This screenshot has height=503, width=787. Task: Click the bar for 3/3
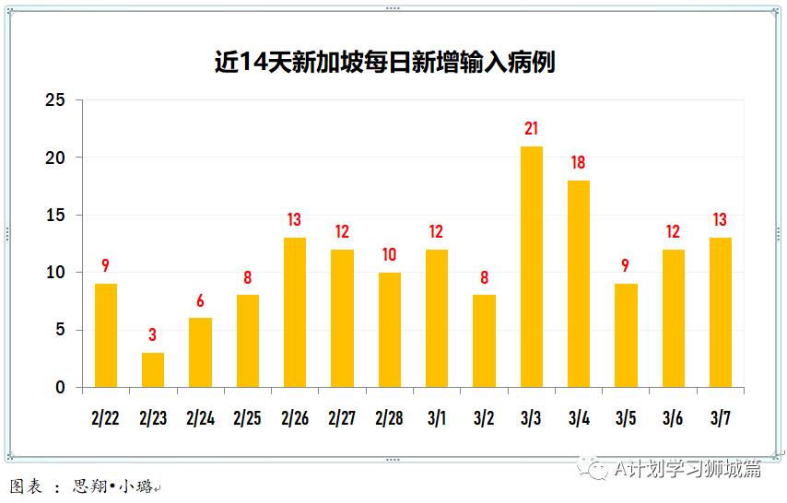pos(531,267)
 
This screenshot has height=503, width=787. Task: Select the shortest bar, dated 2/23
pos(153,370)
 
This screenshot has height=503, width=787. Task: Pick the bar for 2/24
pos(200,353)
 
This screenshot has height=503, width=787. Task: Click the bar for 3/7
pos(720,312)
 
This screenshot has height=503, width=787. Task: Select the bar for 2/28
pos(389,330)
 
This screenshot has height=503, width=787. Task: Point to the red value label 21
pos(531,129)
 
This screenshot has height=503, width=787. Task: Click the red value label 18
pos(578,163)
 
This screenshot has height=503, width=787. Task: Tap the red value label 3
pos(153,335)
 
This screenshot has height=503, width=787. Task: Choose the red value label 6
pos(200,301)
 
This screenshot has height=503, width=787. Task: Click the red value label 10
pos(389,255)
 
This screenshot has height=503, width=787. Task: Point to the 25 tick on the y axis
pos(56,100)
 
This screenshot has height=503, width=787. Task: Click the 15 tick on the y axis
pos(56,216)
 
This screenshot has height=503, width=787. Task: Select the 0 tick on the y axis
pos(61,388)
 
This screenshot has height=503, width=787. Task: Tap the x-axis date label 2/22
pos(106,418)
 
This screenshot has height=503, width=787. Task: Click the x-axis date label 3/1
pos(437,418)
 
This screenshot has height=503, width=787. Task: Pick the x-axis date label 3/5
pos(625,418)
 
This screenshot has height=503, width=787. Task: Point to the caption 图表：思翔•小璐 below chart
pos(83,486)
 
